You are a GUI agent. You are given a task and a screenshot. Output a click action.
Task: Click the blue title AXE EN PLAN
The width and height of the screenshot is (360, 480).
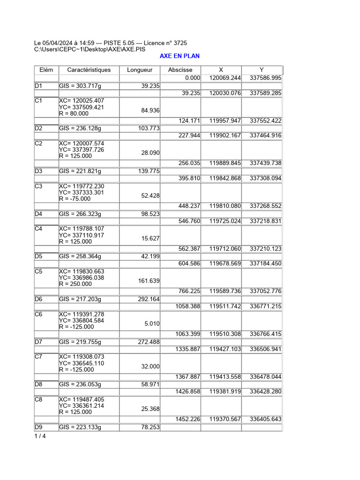pos(180,56)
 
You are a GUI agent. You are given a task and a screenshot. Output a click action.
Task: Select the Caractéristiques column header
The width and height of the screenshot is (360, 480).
pos(89,70)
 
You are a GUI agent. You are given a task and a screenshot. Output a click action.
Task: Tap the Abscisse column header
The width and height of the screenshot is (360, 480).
pos(180,70)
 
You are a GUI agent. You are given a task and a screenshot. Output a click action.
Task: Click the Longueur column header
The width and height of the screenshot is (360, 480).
pos(140,70)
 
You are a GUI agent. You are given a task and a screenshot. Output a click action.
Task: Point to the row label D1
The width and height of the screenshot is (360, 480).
pos(38,86)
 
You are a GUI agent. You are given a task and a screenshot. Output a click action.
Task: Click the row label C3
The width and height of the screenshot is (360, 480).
pos(38,186)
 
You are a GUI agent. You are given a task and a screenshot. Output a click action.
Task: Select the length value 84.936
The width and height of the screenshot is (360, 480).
pos(150,111)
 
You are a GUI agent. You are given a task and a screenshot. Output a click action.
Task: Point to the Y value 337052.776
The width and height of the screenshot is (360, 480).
pos(266,291)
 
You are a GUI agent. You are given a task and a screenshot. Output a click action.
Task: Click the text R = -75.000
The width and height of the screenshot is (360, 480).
pos(75,199)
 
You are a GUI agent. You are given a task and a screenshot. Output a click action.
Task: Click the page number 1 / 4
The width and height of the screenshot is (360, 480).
pos(40,436)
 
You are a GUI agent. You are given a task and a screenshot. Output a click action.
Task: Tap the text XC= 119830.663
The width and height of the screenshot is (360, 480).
pos(82,271)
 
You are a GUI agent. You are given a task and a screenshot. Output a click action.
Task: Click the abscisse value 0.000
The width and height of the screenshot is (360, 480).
pos(193,78)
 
